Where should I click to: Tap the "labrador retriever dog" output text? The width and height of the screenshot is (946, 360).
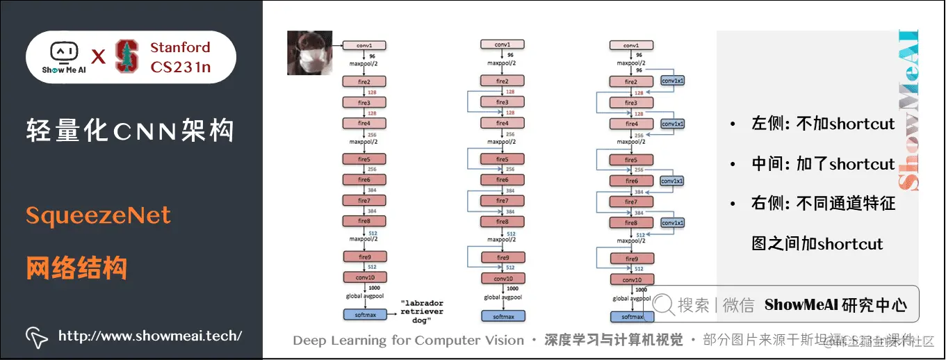(x=421, y=312)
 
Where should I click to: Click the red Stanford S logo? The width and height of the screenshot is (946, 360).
(x=127, y=56)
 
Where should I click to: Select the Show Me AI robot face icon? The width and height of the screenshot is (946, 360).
(x=63, y=52)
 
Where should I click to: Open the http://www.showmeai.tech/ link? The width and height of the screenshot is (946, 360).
(x=150, y=336)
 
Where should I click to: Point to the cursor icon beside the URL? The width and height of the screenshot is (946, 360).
(x=37, y=336)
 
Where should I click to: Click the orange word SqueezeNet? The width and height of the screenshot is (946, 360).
(x=98, y=216)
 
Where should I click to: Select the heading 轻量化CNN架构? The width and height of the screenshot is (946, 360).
(x=130, y=130)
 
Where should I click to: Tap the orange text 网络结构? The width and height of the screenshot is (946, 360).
(x=76, y=268)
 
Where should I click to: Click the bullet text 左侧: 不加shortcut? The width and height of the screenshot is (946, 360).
(x=823, y=124)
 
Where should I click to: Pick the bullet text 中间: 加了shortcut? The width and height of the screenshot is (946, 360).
(x=823, y=164)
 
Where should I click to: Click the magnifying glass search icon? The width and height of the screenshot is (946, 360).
(x=663, y=304)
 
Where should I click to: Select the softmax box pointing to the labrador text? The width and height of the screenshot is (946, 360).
(x=364, y=315)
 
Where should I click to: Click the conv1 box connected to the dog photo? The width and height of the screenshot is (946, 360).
(x=364, y=45)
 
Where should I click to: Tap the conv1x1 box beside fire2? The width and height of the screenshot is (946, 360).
(x=673, y=80)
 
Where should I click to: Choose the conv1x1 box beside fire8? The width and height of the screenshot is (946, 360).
(x=673, y=222)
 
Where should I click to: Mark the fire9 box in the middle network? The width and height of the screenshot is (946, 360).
(x=502, y=258)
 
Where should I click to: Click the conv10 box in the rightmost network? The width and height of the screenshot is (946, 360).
(x=631, y=279)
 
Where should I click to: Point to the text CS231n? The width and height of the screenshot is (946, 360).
(x=181, y=68)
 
